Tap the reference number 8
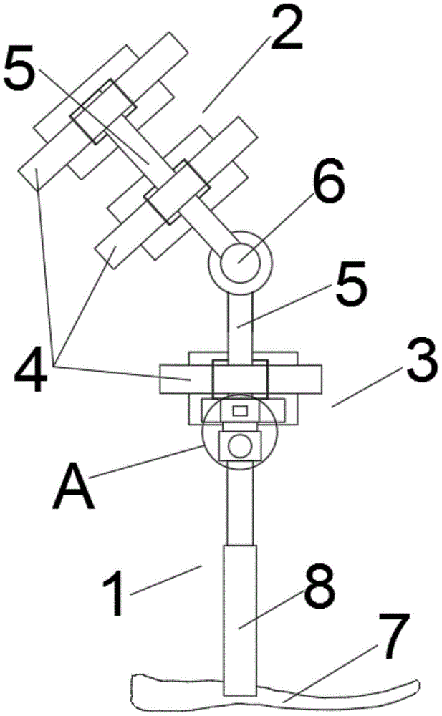pos(319,588)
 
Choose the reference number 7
pos(392,636)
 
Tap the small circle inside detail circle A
pos(239,446)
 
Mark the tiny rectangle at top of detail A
pos(240,410)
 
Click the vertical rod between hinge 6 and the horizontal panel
pos(240,326)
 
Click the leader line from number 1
pos(165,580)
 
